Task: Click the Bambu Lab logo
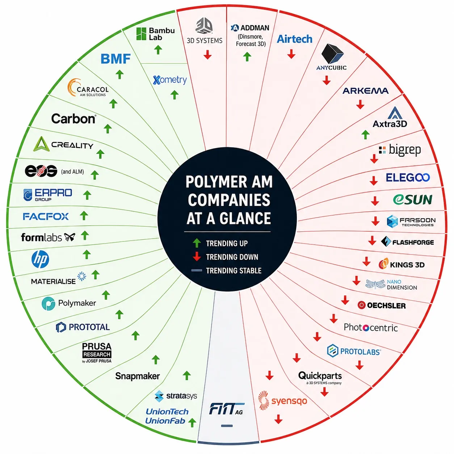pyautogui.click(x=155, y=34)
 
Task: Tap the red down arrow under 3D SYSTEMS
pyautogui.click(x=207, y=54)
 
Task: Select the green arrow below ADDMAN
pyautogui.click(x=247, y=57)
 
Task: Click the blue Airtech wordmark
pyautogui.click(x=294, y=39)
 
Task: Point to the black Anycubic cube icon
pyautogui.click(x=332, y=54)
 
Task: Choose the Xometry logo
pyautogui.click(x=170, y=80)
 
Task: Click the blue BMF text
pyautogui.click(x=115, y=59)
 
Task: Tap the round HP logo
pyautogui.click(x=40, y=259)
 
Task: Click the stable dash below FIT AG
pyautogui.click(x=227, y=426)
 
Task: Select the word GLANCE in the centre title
pyautogui.click(x=245, y=218)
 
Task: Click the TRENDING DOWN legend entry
pyautogui.click(x=225, y=257)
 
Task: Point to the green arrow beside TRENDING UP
pyautogui.click(x=197, y=243)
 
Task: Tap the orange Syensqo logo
pyautogui.click(x=282, y=400)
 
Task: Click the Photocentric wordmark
pyautogui.click(x=371, y=328)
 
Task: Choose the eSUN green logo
pyautogui.click(x=412, y=199)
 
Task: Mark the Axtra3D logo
pyautogui.click(x=390, y=117)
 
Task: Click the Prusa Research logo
pyautogui.click(x=97, y=353)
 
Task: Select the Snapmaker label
pyautogui.click(x=137, y=376)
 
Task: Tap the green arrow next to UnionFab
pyautogui.click(x=192, y=423)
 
